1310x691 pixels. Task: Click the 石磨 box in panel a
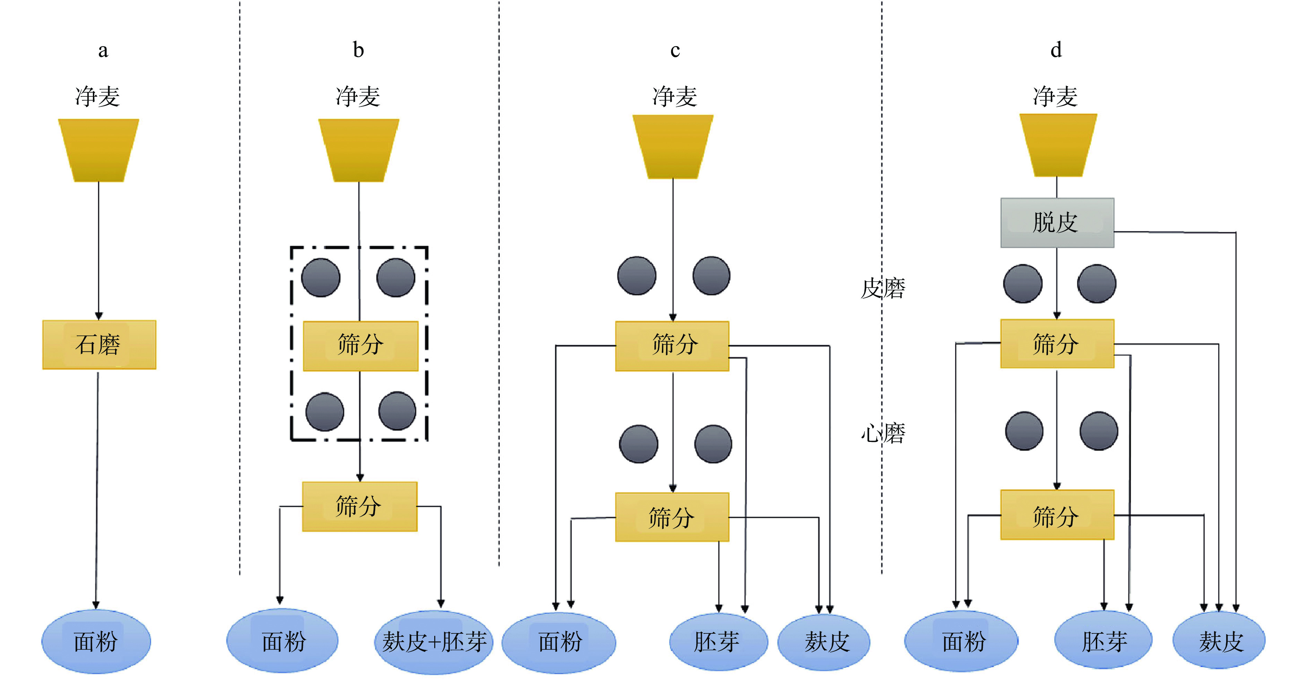click(x=99, y=344)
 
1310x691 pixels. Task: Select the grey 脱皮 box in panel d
click(x=1057, y=223)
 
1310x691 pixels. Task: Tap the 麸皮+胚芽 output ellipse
click(x=434, y=642)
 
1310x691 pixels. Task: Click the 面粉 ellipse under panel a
click(x=96, y=641)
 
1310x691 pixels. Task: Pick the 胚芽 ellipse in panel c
click(x=718, y=642)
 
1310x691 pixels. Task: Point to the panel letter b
click(x=359, y=50)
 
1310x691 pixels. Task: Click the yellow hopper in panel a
click(x=99, y=150)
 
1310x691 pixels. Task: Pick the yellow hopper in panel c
click(x=673, y=146)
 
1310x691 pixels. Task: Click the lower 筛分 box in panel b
click(x=359, y=506)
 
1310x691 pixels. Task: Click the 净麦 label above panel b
click(x=358, y=96)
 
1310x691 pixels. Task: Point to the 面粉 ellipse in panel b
click(x=282, y=641)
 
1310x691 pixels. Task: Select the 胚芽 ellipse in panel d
click(x=1103, y=641)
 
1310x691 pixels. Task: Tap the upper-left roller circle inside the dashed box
click(x=321, y=277)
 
